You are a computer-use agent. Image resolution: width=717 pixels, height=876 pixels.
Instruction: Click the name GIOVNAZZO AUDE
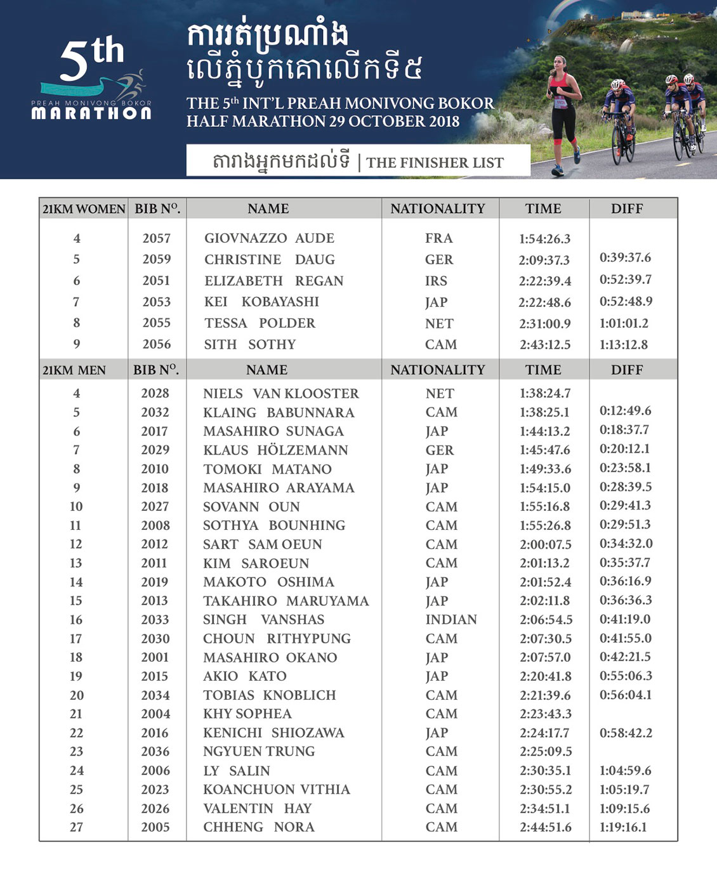point(269,238)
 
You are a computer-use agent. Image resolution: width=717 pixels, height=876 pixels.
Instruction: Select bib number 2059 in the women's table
point(157,259)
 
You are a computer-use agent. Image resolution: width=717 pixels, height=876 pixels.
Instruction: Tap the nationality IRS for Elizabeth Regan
point(437,281)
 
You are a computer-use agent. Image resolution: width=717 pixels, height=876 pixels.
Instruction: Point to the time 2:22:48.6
point(544,302)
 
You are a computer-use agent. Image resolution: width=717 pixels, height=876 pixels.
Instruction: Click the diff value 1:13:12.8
point(624,344)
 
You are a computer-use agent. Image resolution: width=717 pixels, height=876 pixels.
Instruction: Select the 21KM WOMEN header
point(84,209)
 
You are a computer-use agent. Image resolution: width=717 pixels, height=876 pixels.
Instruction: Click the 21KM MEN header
point(74,370)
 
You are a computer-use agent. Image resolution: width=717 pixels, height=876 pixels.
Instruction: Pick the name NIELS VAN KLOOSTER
point(281,394)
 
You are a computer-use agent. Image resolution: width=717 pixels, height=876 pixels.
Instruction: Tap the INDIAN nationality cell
point(451,619)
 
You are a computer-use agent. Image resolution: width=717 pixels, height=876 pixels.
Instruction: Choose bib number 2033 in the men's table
point(155,619)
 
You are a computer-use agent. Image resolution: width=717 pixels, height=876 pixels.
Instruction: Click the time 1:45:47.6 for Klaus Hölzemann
point(544,450)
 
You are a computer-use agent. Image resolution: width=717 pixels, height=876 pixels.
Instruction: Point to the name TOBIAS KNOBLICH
point(270,695)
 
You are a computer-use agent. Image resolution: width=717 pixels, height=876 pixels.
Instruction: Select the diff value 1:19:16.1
point(623,827)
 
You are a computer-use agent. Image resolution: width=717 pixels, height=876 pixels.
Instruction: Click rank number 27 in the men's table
point(76,827)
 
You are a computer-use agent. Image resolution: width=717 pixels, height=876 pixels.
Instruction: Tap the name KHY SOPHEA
point(247,714)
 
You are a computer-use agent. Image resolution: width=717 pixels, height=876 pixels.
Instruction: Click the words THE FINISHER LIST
point(435,163)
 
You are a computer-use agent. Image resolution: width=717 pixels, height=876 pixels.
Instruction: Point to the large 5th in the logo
point(91,60)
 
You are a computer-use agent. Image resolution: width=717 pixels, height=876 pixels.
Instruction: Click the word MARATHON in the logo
point(91,113)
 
